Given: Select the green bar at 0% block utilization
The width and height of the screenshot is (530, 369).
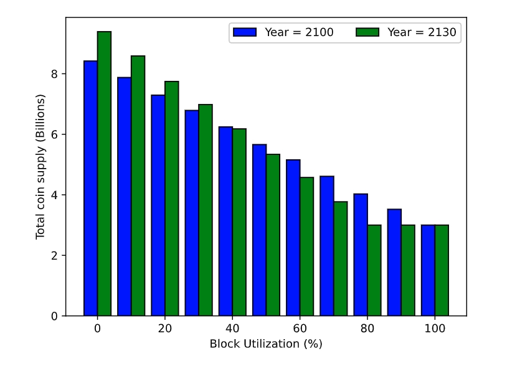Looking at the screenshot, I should (104, 174).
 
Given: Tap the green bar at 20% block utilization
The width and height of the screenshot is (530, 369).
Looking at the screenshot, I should (171, 199).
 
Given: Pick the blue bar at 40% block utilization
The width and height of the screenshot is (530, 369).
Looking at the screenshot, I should (225, 221).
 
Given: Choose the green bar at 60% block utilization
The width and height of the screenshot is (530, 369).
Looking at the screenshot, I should (306, 246).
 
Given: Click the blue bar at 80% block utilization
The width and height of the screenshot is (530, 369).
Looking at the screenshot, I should (361, 255).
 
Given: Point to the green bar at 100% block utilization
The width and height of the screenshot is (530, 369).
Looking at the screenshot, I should (442, 270).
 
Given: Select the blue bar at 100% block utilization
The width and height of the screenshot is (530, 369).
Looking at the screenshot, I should (428, 270).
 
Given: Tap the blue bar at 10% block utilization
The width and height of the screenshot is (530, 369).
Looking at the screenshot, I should (124, 197).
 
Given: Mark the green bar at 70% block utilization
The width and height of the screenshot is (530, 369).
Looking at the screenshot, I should (340, 259).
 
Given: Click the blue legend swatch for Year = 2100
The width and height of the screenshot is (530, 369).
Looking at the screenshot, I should (245, 32).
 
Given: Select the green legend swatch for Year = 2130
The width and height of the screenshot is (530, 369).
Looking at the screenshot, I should (367, 32).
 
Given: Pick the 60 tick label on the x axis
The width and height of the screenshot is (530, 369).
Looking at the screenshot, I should (300, 329).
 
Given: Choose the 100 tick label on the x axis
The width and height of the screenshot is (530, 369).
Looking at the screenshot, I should (435, 329).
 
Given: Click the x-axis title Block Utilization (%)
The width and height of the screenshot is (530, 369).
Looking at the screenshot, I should (266, 343).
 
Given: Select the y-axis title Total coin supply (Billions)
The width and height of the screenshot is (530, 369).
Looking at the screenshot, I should (40, 167).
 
